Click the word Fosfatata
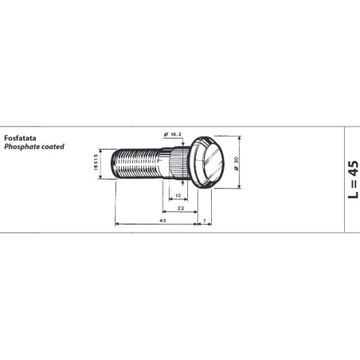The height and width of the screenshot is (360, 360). (x=20, y=138)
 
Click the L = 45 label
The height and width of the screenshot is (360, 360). (x=353, y=179)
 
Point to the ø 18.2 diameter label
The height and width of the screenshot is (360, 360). (x=173, y=135)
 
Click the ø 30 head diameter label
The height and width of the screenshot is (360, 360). (x=237, y=163)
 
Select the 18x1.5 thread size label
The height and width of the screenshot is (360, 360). (x=96, y=162)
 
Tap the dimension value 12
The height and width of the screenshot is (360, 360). (x=178, y=196)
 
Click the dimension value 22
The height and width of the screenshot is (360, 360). (x=181, y=209)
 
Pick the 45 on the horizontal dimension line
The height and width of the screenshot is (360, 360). (x=162, y=221)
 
